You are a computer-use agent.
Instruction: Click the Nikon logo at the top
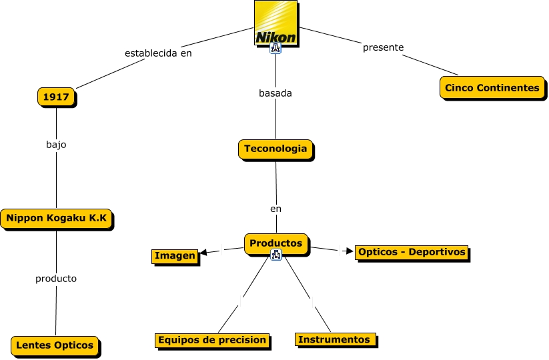pos(276,23)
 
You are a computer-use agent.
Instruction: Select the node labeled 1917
pos(56,97)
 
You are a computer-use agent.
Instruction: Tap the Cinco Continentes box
pos(492,87)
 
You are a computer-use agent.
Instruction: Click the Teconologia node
pos(276,149)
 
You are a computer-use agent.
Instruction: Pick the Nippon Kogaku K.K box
pos(56,218)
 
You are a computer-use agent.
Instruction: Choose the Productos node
pos(276,243)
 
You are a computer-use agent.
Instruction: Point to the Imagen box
pos(175,256)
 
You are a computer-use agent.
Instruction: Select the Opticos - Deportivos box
pos(411,253)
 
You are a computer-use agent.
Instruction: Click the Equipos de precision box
pos(212,340)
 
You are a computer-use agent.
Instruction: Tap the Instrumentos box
pos(334,339)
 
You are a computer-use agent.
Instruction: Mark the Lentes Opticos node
pos(55,345)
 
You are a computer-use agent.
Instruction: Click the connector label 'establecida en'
pos(158,53)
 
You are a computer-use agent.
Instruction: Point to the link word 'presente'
pos(383,47)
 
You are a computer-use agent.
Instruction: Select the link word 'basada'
pos(276,93)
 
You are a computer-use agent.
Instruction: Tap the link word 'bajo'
pos(56,144)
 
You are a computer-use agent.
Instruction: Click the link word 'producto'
pos(56,279)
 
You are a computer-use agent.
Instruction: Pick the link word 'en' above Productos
pos(276,209)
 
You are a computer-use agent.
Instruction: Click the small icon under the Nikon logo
pos(276,49)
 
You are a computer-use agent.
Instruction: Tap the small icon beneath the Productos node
pos(276,255)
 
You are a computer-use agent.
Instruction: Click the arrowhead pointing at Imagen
pos(204,252)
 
